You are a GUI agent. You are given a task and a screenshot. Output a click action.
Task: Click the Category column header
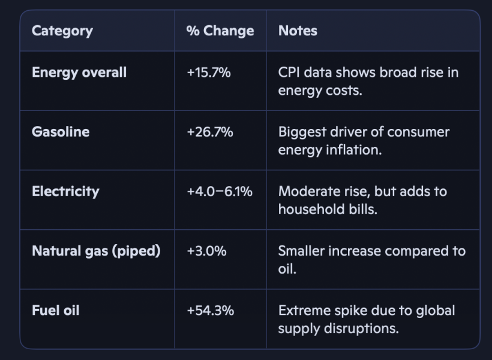pos(62,31)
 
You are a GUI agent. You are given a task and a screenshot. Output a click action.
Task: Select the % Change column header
pos(220,31)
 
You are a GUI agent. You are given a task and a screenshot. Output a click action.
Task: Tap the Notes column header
pos(298,31)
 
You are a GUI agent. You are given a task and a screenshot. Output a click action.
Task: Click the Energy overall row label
pos(79,72)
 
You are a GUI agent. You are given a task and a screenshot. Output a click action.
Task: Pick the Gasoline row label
pos(61,132)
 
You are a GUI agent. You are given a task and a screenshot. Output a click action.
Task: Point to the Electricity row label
pos(65,191)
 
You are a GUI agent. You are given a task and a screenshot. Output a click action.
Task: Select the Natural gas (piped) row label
pos(96,251)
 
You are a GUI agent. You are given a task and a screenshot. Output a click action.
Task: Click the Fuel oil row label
pos(56,310)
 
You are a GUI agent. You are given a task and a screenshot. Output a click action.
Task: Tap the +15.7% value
pos(209,73)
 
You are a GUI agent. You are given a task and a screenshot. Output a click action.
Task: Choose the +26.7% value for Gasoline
pos(210,132)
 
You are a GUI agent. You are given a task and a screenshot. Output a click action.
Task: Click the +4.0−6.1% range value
pos(220,191)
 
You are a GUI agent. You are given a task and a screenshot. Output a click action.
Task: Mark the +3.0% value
pos(206,251)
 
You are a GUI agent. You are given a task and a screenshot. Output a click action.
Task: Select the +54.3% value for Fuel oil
pos(210,311)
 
